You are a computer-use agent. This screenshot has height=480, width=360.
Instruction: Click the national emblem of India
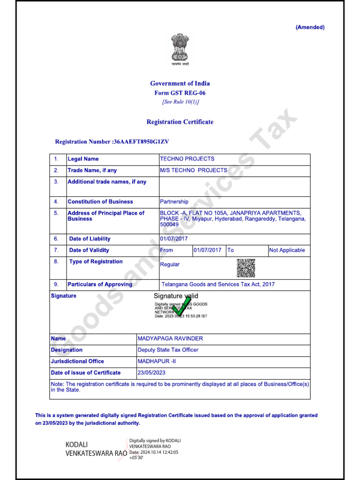click(180, 49)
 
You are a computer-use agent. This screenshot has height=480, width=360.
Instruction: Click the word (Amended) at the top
click(310, 27)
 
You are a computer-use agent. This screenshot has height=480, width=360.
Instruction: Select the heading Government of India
click(180, 83)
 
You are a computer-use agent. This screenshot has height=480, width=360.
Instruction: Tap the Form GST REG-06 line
click(180, 93)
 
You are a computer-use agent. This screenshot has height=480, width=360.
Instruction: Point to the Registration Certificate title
click(180, 122)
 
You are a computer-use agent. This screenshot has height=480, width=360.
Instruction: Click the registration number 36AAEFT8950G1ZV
click(141, 142)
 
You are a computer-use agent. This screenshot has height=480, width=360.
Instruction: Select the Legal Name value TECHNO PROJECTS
click(187, 159)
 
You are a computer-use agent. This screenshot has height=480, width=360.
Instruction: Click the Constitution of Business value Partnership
click(174, 202)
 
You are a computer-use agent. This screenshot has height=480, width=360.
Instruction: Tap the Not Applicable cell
click(287, 250)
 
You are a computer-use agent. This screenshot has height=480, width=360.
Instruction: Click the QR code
click(246, 268)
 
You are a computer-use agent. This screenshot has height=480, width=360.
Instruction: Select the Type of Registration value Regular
click(170, 264)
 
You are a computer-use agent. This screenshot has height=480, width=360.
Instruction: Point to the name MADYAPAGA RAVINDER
click(170, 338)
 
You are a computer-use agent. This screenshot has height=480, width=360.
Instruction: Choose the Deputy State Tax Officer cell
click(168, 350)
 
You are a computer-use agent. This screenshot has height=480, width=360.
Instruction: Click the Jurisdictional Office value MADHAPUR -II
click(157, 361)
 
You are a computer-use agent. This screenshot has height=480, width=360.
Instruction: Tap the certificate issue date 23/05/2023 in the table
click(151, 373)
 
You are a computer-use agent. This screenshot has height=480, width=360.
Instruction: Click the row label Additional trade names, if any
click(107, 182)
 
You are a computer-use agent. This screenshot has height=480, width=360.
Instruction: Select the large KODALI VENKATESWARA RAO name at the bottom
click(96, 449)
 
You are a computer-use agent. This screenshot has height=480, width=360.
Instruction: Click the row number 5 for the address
click(56, 213)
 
